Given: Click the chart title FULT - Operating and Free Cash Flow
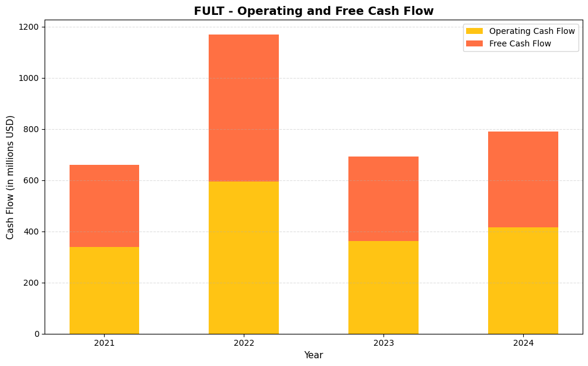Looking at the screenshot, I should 313,11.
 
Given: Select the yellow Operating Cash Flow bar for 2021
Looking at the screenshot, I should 104,290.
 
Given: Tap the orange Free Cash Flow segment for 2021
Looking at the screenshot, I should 104,206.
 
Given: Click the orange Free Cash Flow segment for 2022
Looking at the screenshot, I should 244,108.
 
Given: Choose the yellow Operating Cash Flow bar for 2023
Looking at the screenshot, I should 383,287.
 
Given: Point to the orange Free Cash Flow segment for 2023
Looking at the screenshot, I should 383,199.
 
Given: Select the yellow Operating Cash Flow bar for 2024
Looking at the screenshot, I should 523,280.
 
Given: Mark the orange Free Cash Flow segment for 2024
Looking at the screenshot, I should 523,179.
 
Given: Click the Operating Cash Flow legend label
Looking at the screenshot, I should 532,31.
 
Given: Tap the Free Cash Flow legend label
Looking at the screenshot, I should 520,43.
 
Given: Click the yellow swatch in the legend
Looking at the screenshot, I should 474,31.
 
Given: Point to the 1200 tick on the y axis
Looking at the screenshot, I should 29,27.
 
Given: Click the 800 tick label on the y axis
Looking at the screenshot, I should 32,129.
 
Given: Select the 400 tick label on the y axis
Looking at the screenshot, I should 32,232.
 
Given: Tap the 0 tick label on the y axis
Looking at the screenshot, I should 37,334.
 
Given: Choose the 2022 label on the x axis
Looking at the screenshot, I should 244,343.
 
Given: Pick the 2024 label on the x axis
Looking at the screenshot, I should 523,343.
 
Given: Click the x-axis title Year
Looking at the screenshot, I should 313,355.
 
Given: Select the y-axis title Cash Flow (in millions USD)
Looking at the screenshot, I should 10,177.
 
